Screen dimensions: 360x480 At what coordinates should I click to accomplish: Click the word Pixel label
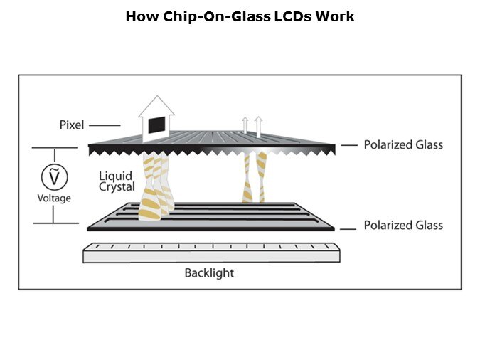(x=71, y=125)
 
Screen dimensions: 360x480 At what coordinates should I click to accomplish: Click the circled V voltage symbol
(x=53, y=175)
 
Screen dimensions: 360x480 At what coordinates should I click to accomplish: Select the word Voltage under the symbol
(x=54, y=198)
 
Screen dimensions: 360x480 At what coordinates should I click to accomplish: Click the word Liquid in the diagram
(x=116, y=176)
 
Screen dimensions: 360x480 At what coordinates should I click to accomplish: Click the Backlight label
(x=209, y=272)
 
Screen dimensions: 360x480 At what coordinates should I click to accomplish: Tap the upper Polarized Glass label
(x=403, y=145)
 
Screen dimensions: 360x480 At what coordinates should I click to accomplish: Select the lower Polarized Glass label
(x=403, y=226)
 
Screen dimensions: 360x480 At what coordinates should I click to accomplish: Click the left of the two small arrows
(x=245, y=126)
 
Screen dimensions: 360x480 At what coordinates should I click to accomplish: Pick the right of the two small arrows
(x=258, y=125)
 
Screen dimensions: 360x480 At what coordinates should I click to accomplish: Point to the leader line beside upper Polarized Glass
(x=348, y=145)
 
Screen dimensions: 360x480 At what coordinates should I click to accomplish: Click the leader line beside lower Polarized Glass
(x=348, y=228)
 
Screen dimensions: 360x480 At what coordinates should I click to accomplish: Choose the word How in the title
(x=138, y=16)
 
